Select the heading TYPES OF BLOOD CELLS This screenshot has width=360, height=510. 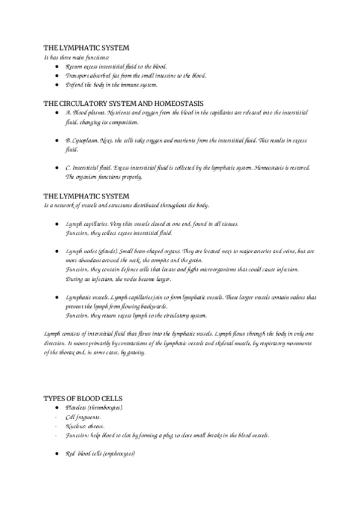[x=82, y=399]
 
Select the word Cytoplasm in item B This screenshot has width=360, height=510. [x=88, y=140]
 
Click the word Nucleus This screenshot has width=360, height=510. [x=76, y=426]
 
